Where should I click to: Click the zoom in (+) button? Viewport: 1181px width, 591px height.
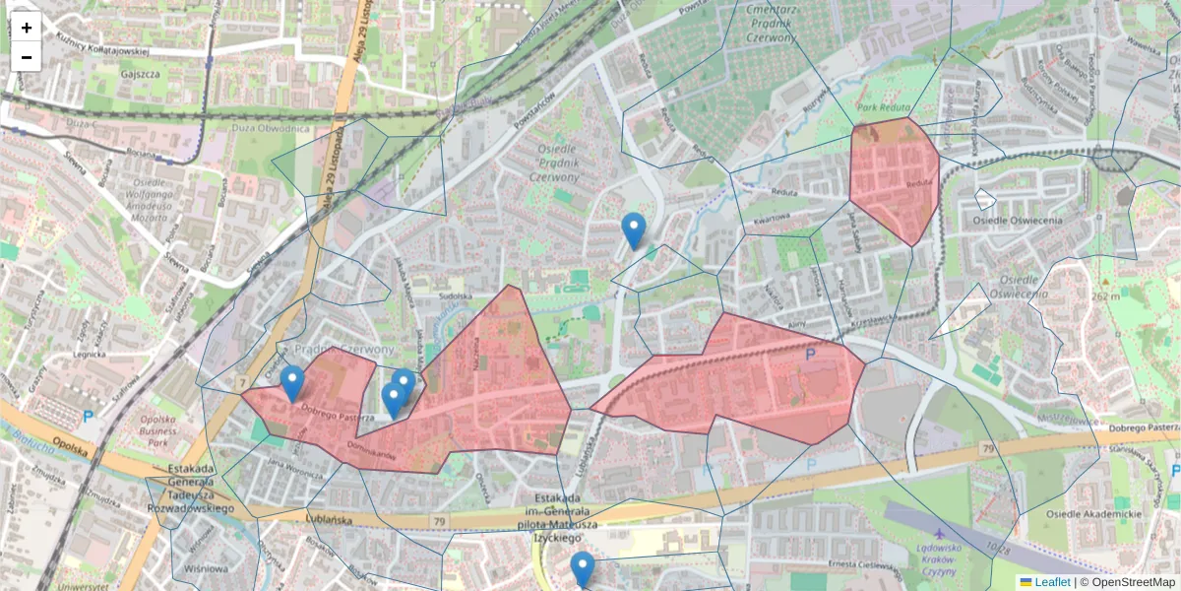coord(27,28)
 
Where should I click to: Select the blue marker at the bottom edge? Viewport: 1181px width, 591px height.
coord(583,569)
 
